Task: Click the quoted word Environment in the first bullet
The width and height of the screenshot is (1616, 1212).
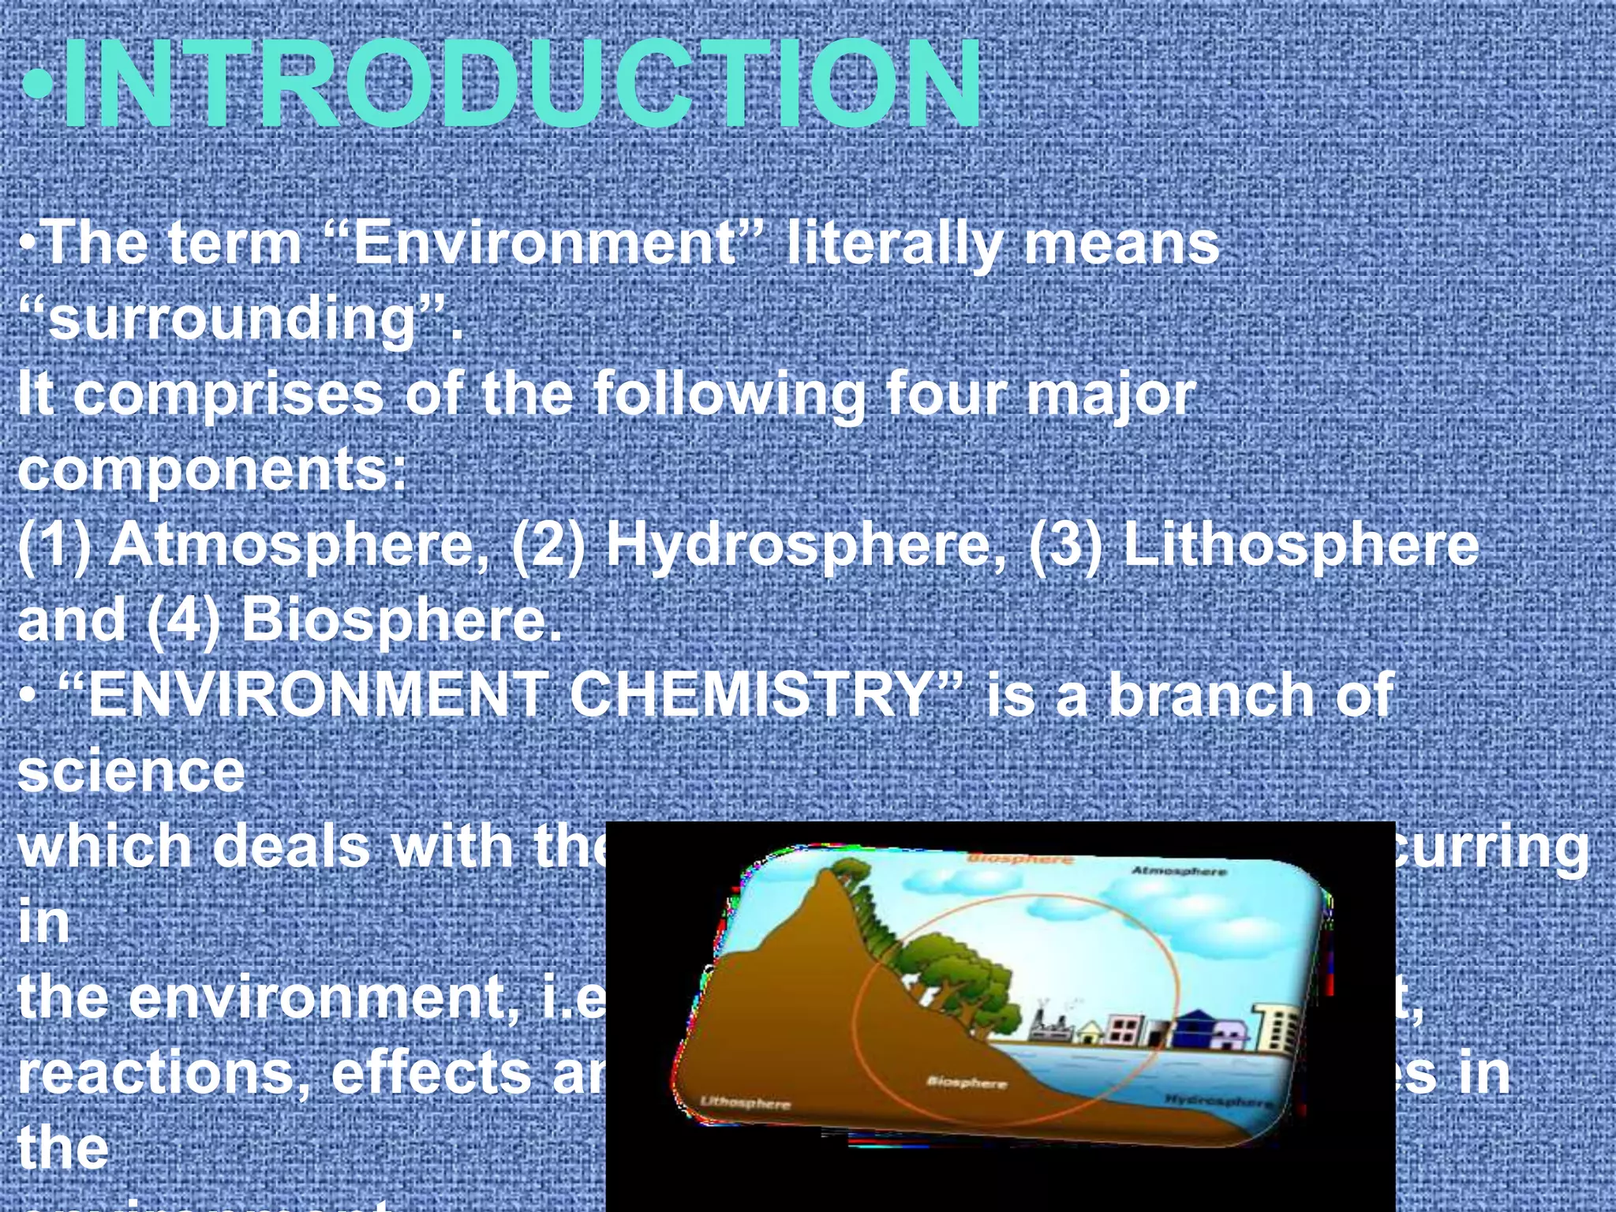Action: [544, 243]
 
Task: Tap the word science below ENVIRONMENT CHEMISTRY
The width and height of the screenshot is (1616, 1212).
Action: [131, 771]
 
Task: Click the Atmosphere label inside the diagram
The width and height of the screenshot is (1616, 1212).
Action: [1180, 871]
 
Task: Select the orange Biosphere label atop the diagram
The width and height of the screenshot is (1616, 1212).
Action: [1019, 858]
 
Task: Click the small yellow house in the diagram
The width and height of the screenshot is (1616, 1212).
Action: [1090, 1031]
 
